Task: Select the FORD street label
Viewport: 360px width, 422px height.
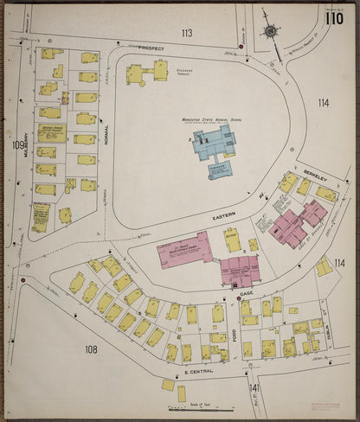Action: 233,327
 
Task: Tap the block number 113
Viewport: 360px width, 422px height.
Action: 186,33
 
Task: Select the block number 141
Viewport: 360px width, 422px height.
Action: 254,387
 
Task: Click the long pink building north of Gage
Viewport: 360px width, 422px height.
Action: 184,250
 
